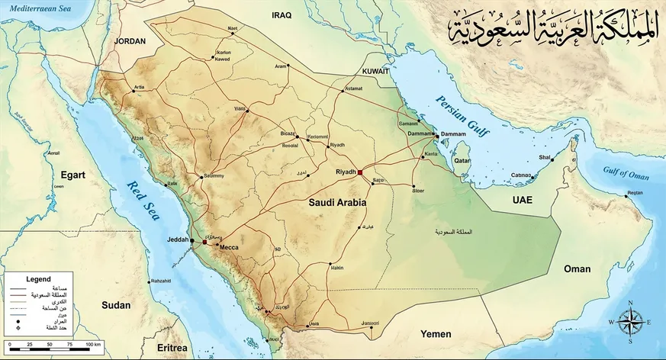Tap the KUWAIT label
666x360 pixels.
click(x=375, y=70)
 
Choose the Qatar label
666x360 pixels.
click(x=462, y=162)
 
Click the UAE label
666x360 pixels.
click(x=523, y=200)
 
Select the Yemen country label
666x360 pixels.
click(x=436, y=334)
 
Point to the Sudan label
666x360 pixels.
click(x=117, y=305)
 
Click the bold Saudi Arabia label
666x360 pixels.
click(x=337, y=204)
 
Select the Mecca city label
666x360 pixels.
click(x=229, y=248)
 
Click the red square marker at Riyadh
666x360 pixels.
click(x=360, y=172)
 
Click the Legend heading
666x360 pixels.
click(x=38, y=279)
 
